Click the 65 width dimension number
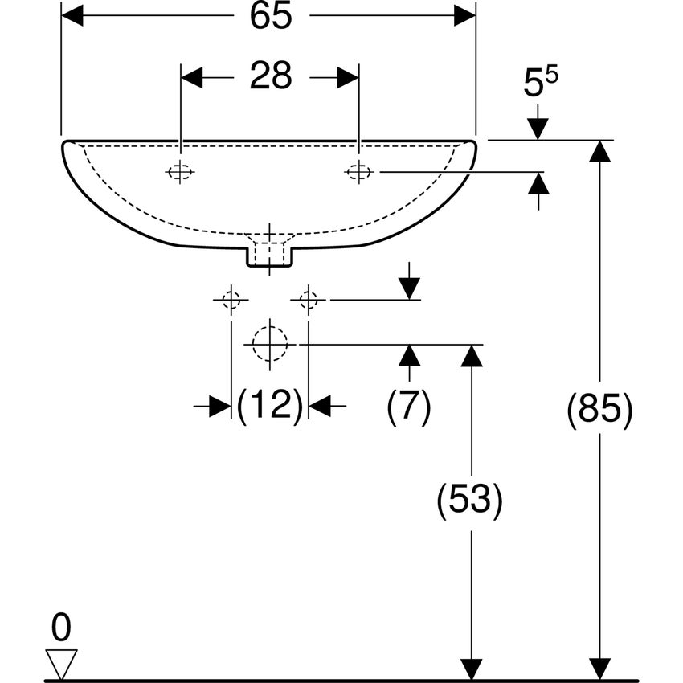point(271,16)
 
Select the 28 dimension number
point(271,76)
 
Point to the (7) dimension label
point(408,407)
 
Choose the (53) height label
point(469,499)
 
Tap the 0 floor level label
point(61,628)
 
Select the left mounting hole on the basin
point(180,172)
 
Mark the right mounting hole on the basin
point(359,172)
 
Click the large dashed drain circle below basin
point(270,344)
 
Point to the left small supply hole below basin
point(231,300)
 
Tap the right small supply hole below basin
point(309,300)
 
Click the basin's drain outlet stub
point(270,256)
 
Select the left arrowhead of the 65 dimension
point(72,16)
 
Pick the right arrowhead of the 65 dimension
point(464,16)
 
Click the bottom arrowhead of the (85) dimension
point(599,669)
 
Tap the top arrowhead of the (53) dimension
point(472,355)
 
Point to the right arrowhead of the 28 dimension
point(348,77)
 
